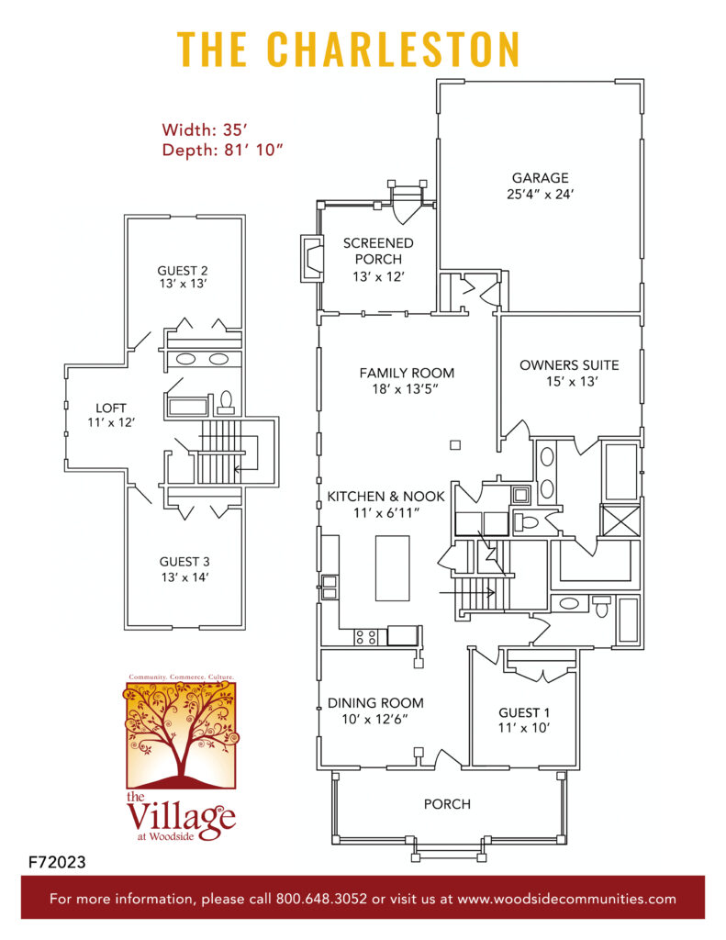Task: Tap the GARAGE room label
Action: pos(540,178)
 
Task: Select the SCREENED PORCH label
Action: pos(378,251)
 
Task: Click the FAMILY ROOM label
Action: pos(407,373)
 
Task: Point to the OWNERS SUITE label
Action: pos(569,365)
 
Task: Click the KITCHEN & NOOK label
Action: pos(385,496)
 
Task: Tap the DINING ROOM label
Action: pos(375,703)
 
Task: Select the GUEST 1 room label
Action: pos(525,712)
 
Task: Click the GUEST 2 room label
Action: pos(183,271)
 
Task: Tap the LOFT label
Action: pos(113,408)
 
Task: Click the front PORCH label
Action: pos(447,804)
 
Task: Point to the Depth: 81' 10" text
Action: pos(222,151)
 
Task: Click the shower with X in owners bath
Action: pos(616,520)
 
